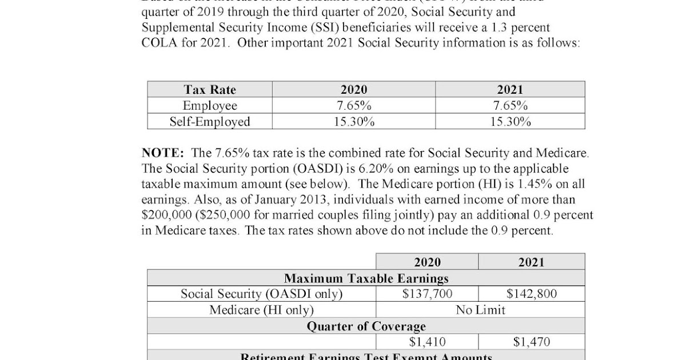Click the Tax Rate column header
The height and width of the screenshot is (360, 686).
(x=210, y=90)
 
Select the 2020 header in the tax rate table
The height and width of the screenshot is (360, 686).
(x=354, y=90)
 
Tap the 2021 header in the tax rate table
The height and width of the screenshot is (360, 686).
(x=510, y=90)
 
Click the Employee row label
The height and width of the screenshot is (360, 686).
(x=210, y=106)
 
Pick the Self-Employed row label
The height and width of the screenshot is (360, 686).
(x=210, y=122)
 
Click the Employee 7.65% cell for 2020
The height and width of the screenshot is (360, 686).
(x=354, y=106)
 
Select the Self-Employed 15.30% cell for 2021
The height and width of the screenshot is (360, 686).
(x=510, y=122)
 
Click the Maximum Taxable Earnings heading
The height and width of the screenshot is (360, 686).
(x=366, y=278)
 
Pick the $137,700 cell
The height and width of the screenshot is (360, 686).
(x=427, y=294)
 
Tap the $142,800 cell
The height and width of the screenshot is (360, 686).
(x=532, y=294)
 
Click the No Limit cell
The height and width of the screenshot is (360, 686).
(x=480, y=310)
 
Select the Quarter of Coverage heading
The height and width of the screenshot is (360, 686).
(x=366, y=326)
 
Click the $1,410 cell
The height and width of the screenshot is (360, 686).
(x=427, y=342)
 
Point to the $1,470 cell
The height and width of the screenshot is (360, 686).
(x=532, y=342)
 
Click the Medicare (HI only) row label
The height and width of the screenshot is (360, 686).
(x=262, y=310)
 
